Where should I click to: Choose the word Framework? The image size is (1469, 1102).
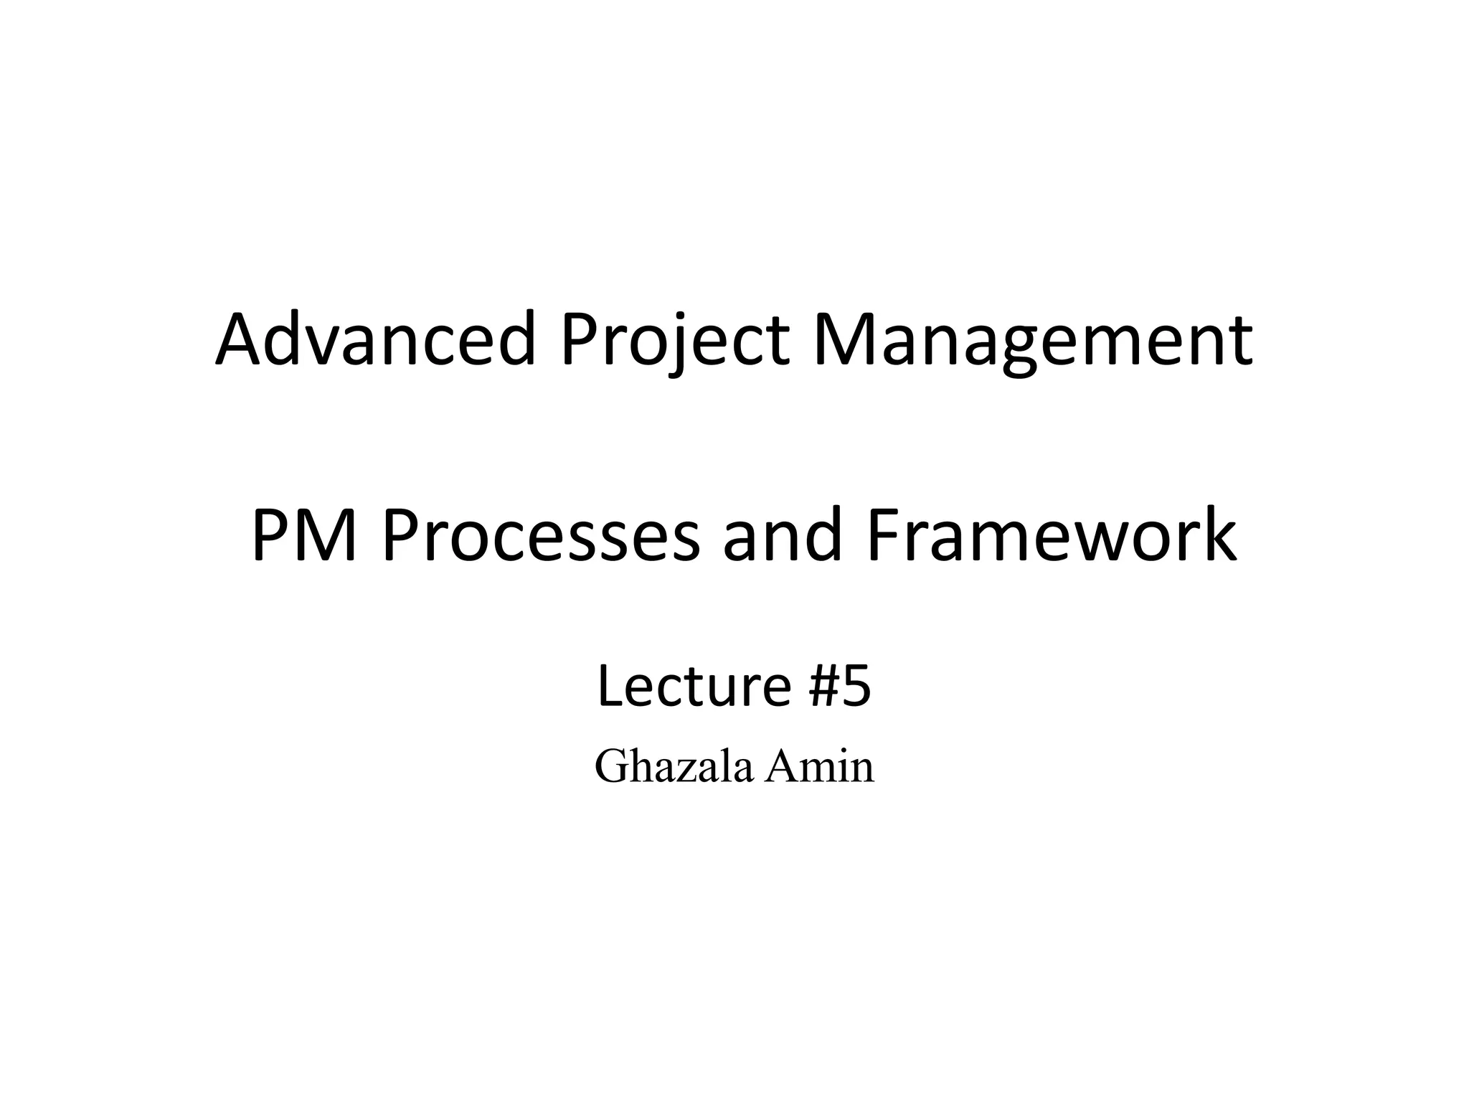click(x=1052, y=536)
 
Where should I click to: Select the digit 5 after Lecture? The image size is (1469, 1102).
click(x=856, y=686)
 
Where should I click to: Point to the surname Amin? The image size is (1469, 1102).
click(x=819, y=766)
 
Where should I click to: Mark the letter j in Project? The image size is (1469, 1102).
click(x=674, y=344)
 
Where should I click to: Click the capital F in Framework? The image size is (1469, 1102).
click(x=884, y=536)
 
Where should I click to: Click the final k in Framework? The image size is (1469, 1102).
click(x=1219, y=536)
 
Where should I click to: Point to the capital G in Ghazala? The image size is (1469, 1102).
click(x=610, y=766)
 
